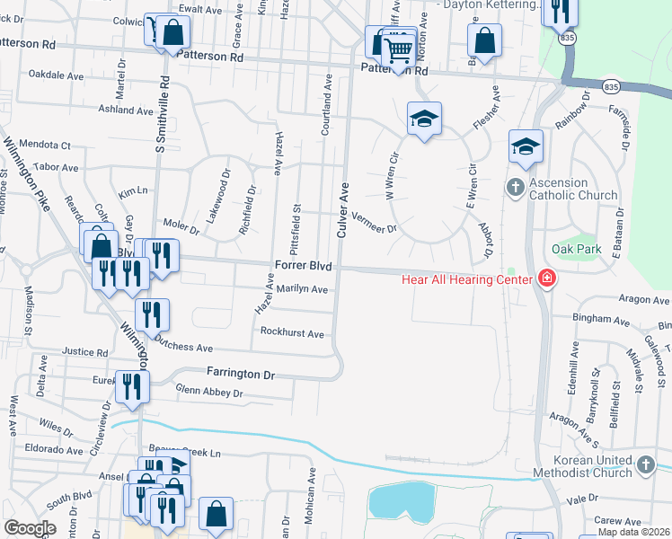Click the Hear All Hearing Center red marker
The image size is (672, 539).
(545, 279)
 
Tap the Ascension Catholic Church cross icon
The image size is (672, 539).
(515, 188)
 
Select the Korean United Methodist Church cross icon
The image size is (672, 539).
(644, 464)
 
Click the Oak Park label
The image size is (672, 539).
(576, 249)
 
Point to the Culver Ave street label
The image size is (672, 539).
(342, 211)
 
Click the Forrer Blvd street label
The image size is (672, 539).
(303, 267)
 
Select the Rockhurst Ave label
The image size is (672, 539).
(291, 332)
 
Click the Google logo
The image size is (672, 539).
(30, 528)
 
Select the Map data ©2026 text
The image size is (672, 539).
(633, 532)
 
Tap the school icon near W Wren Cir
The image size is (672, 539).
(424, 119)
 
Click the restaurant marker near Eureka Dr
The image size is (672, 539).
(131, 386)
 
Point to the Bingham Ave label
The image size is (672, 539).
(602, 319)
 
